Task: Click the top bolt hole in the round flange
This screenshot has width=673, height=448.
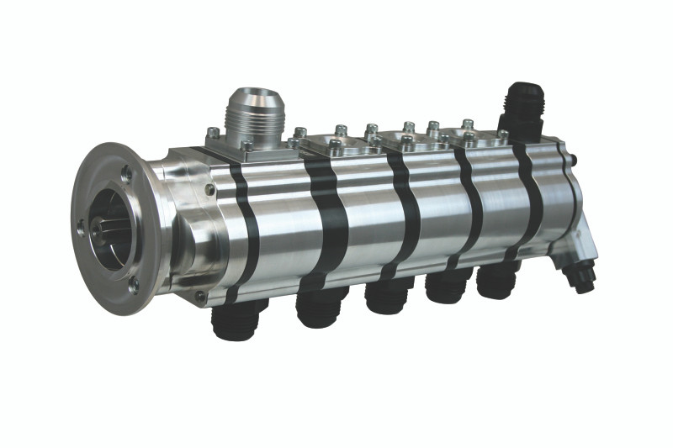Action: pyautogui.click(x=125, y=173)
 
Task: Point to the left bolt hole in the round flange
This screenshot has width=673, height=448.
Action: pyautogui.click(x=81, y=225)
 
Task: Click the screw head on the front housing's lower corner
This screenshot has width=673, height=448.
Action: pyautogui.click(x=199, y=296)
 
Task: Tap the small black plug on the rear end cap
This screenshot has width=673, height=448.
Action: pyautogui.click(x=575, y=157)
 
